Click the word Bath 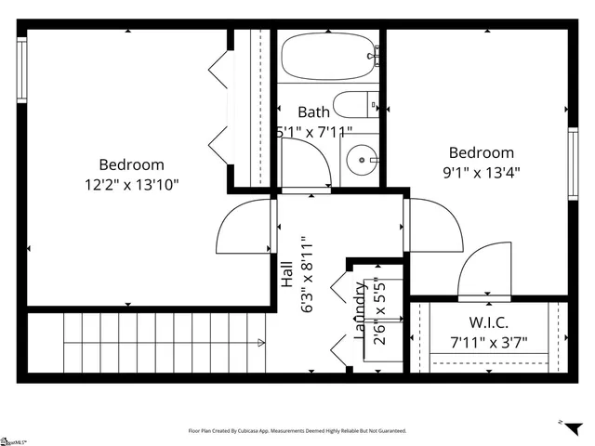tap(313, 112)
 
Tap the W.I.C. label tap(487, 323)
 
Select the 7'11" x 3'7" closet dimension tap(487, 342)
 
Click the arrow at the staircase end tap(261, 342)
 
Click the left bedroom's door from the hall tap(244, 228)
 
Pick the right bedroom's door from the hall tap(435, 225)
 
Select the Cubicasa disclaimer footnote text tap(297, 431)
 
